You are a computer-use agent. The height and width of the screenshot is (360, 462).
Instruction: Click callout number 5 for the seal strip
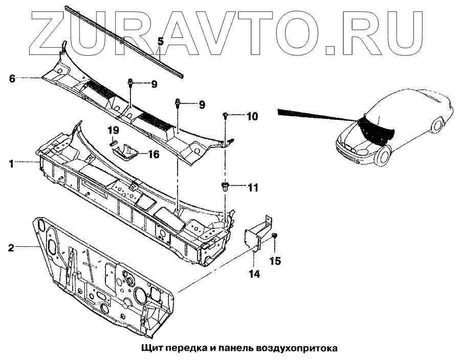click(160, 41)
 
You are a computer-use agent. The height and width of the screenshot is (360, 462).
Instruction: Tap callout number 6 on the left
click(12, 78)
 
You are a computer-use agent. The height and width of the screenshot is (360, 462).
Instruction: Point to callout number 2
click(10, 248)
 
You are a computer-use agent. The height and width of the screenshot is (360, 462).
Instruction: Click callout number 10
click(252, 117)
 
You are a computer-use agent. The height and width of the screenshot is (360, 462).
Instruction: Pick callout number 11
click(252, 188)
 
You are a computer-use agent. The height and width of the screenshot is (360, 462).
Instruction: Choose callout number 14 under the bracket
click(254, 274)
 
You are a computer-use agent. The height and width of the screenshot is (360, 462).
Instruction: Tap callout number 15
click(275, 261)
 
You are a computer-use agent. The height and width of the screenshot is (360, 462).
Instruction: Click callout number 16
click(153, 154)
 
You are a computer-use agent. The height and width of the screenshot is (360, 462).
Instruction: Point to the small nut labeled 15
click(274, 235)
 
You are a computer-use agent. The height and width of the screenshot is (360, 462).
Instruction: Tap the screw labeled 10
click(225, 117)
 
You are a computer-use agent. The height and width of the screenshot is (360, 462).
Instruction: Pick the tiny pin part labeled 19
click(114, 143)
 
